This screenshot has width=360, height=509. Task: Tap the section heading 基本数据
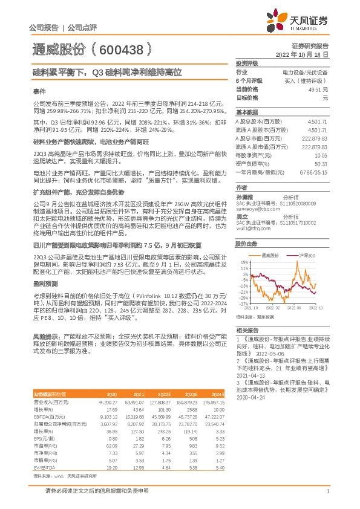pyautogui.click(x=246, y=112)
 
